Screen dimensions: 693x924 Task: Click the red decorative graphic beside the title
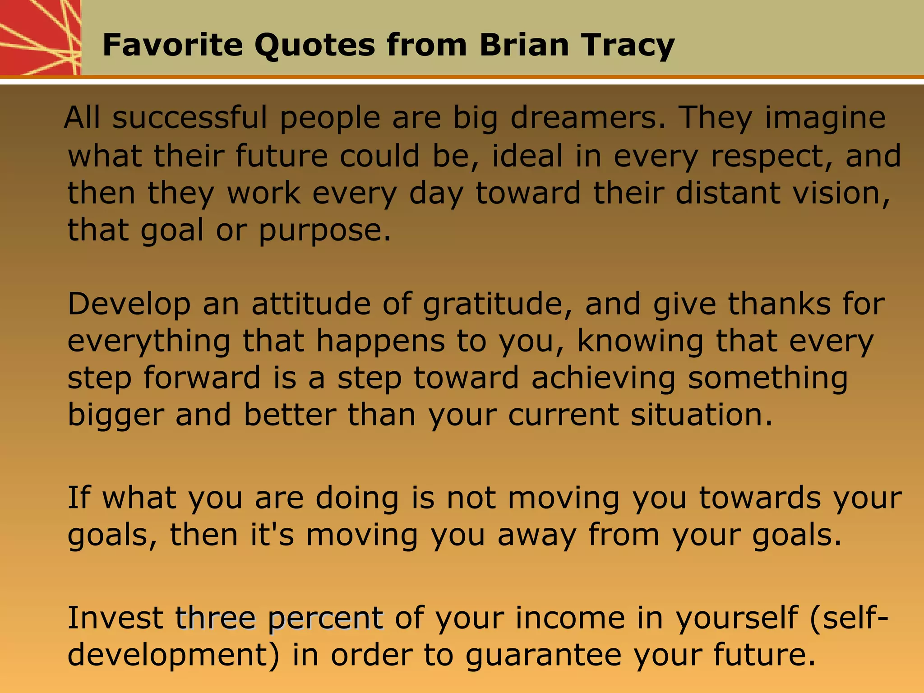click(40, 37)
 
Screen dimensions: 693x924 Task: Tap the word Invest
click(115, 618)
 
